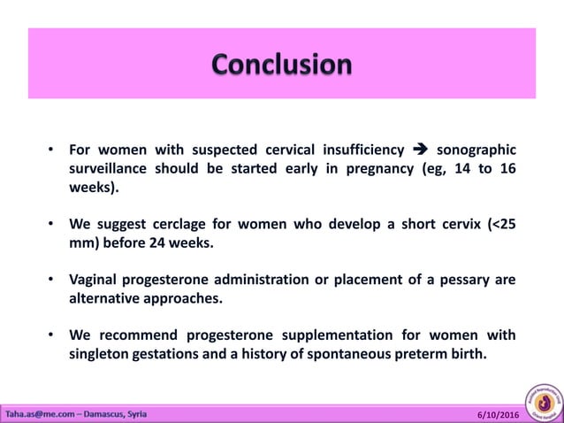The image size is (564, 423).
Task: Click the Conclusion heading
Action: click(282, 65)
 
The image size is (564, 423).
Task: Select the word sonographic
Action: click(477, 148)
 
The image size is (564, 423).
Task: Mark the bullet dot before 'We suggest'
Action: click(52, 223)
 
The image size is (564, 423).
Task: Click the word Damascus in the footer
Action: click(103, 413)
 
